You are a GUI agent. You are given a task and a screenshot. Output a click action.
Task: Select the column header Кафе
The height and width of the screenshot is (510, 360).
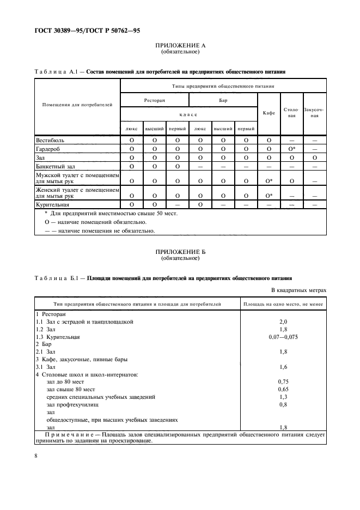[269, 112]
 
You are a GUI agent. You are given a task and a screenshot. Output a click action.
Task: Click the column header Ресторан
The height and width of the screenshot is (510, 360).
[155, 100]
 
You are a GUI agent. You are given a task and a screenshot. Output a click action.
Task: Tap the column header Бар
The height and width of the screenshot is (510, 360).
[223, 100]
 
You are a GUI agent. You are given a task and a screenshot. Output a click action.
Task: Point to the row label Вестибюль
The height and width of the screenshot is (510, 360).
[51, 140]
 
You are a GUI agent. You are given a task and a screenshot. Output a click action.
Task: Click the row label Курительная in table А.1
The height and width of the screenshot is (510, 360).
[52, 204]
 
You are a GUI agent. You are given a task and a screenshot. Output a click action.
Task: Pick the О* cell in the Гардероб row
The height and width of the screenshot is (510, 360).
[292, 149]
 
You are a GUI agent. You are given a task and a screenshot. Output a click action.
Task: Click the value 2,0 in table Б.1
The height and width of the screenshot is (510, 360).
[283, 321]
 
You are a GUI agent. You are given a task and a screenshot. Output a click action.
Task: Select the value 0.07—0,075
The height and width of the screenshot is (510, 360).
[283, 337]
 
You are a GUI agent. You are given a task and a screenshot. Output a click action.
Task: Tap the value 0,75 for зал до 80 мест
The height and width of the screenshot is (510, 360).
[283, 382]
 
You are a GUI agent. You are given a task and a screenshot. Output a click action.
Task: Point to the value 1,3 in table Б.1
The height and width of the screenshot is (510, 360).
[283, 397]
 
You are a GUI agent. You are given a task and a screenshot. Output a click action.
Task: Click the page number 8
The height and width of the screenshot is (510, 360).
[36, 456]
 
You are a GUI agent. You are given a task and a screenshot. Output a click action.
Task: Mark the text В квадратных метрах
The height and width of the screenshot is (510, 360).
[298, 290]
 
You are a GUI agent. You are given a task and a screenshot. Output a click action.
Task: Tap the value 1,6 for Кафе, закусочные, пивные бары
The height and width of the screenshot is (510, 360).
[283, 367]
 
